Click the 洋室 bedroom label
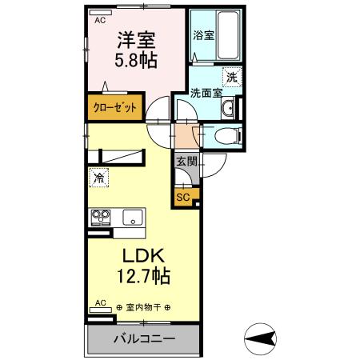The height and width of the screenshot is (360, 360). [135, 38]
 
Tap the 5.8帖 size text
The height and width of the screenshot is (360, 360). [135, 59]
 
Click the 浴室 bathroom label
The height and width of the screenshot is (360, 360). [203, 35]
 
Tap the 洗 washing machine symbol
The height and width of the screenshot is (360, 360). [230, 78]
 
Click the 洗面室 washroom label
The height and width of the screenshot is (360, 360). [207, 93]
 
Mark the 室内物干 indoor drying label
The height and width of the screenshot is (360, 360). [147, 307]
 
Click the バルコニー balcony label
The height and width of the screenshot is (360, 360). [143, 340]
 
